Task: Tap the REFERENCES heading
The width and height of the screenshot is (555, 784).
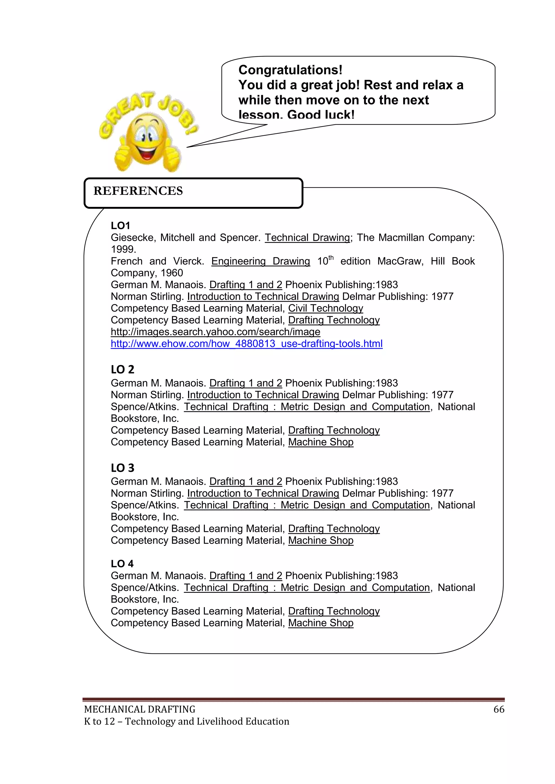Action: tap(138, 191)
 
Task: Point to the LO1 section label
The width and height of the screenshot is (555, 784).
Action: tap(120, 225)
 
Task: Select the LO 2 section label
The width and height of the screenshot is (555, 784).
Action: tap(122, 369)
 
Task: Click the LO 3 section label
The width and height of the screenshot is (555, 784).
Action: tap(122, 468)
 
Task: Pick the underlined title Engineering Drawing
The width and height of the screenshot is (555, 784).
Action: tap(260, 261)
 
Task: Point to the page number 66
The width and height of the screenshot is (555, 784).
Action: tap(499, 709)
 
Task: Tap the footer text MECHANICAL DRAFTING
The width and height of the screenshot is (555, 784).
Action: tap(140, 709)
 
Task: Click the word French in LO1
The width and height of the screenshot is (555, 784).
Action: tap(127, 261)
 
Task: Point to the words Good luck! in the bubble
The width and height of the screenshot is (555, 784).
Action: tap(321, 115)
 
